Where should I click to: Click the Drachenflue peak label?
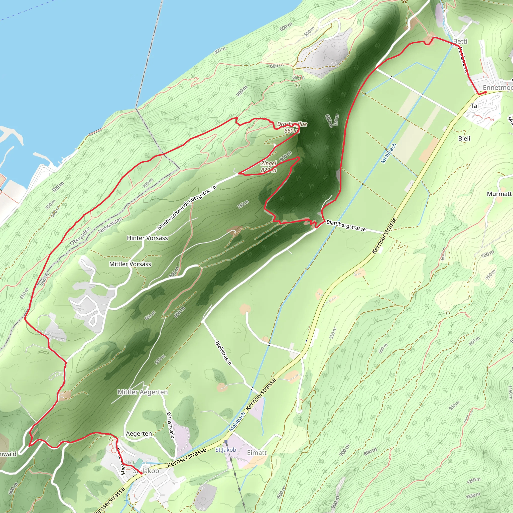tap(292, 124)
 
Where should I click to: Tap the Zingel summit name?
tap(269, 164)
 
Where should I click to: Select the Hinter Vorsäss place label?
tap(147, 238)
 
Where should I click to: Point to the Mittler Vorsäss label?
tap(130, 264)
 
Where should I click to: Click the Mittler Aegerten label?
tap(143, 392)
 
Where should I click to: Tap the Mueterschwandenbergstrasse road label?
tap(186, 208)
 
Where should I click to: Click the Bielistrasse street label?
tap(224, 353)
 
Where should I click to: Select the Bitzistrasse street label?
tap(171, 425)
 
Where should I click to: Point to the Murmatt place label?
tap(499, 194)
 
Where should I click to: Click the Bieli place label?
tap(464, 138)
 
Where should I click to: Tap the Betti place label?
tap(460, 41)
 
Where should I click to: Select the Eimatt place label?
tap(257, 453)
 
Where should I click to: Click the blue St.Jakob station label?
tap(226, 450)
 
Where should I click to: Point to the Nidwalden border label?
tap(110, 225)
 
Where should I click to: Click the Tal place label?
tap(475, 106)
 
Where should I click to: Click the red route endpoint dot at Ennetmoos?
tap(485, 92)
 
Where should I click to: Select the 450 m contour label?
tap(220, 50)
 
